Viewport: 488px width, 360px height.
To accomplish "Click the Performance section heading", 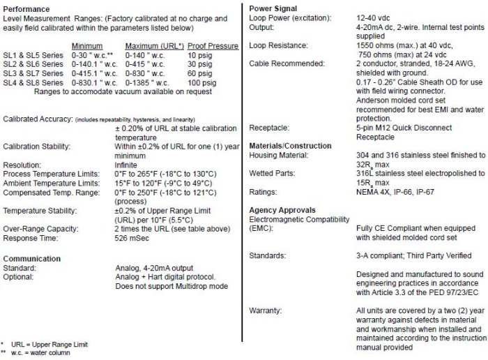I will (x=28, y=8).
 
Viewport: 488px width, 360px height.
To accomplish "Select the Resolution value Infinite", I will (x=127, y=164).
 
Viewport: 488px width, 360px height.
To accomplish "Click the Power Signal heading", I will (x=275, y=8).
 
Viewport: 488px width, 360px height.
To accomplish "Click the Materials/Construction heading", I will (x=291, y=145).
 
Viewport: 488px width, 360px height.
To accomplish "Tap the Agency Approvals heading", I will (x=282, y=210).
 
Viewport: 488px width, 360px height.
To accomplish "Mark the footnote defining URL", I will (x=48, y=345).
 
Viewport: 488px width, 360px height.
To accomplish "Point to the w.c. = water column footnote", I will (x=42, y=353).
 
